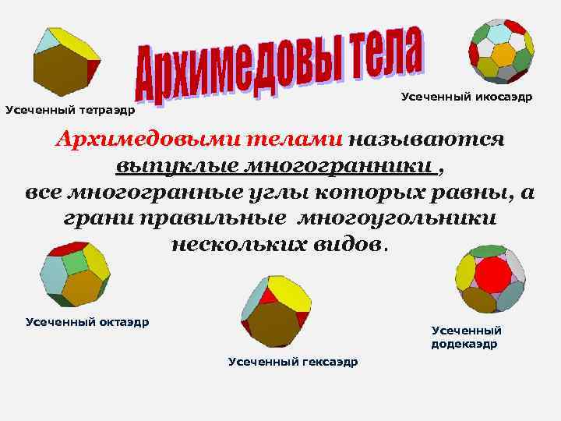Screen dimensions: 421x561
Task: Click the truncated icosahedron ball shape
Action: point(500,50)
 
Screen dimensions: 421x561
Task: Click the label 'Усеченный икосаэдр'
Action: point(467,97)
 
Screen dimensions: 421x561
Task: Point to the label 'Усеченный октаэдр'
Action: point(87,321)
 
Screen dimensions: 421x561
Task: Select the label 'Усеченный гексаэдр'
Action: point(293,362)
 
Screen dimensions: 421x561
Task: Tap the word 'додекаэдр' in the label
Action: point(464,344)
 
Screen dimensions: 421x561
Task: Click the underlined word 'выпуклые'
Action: point(176,167)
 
